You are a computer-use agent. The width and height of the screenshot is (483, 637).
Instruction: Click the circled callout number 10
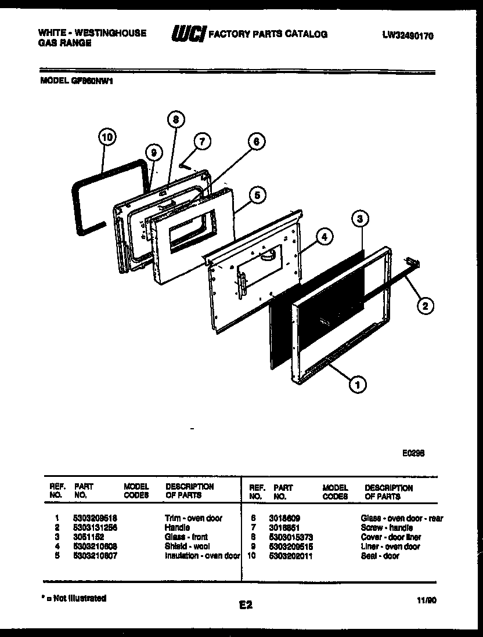(x=106, y=138)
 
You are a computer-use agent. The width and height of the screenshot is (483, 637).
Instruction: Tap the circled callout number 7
(x=201, y=142)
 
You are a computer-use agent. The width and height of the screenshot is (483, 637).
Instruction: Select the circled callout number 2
(x=425, y=306)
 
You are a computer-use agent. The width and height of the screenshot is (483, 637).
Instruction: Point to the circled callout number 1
(x=358, y=383)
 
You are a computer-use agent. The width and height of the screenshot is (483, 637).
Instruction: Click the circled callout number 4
(x=325, y=237)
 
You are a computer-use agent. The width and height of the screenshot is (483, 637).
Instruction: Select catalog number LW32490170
(x=408, y=35)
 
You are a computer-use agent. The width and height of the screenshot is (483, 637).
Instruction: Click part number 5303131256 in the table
(x=96, y=527)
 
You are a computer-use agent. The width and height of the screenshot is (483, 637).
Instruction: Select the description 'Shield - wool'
(x=187, y=546)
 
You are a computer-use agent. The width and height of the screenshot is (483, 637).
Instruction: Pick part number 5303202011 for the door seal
(x=294, y=556)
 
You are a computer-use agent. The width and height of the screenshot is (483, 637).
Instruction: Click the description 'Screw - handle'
(x=386, y=527)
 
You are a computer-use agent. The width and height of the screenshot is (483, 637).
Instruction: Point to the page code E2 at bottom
(x=246, y=605)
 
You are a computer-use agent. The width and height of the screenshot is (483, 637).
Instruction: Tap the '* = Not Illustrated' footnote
(x=73, y=598)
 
